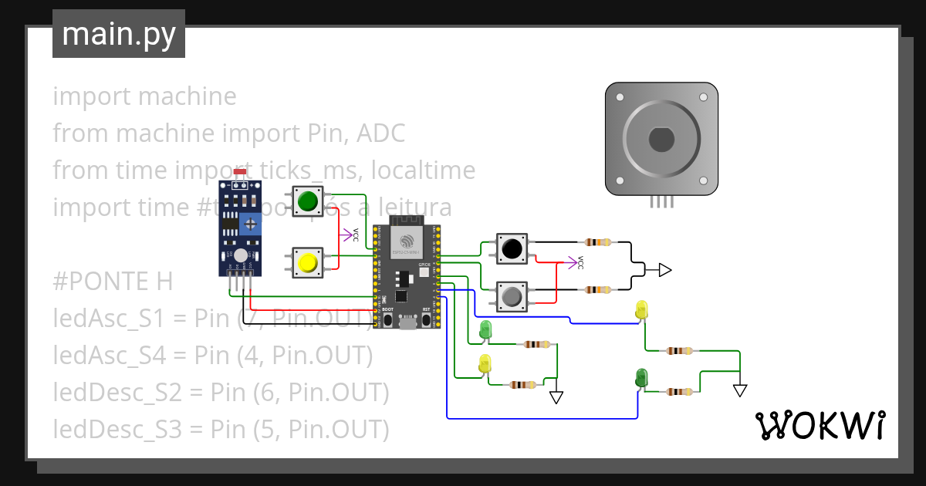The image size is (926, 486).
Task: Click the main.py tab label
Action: point(119,34)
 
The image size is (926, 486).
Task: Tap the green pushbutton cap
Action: point(308,201)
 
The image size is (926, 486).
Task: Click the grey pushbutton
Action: point(511,295)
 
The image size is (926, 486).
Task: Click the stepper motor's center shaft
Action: point(661,140)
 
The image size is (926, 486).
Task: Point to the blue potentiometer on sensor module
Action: point(250,224)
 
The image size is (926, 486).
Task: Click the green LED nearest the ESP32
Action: point(485,329)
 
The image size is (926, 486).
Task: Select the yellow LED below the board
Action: point(485,363)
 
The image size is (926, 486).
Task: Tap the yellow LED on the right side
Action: point(641,310)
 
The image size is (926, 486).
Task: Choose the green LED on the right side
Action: point(641,377)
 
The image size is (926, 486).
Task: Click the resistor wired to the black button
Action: point(598,242)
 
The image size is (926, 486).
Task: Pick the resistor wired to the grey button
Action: point(598,290)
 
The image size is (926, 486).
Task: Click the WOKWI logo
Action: point(820,425)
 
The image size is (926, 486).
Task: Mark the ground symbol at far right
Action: point(740,391)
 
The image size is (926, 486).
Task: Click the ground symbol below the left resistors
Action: point(556,397)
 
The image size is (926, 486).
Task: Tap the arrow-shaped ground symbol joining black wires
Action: point(664,269)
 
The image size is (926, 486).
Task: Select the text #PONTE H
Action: point(113,282)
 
